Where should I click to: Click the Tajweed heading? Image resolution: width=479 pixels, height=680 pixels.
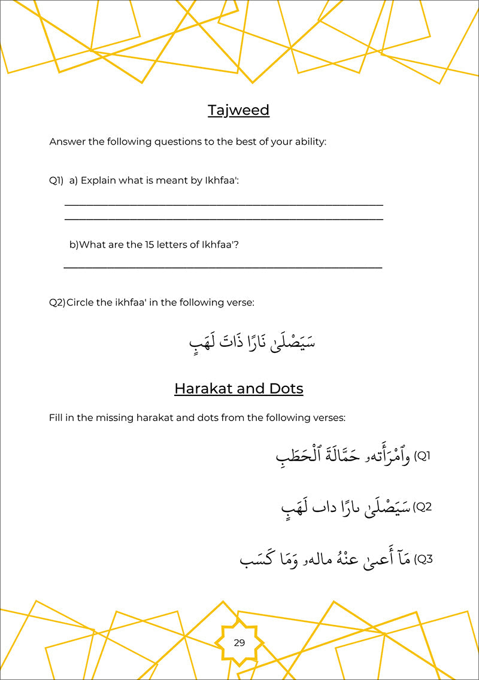click(x=238, y=111)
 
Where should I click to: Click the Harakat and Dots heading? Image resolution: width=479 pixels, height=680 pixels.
click(x=238, y=389)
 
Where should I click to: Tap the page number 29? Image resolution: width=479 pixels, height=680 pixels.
click(x=239, y=643)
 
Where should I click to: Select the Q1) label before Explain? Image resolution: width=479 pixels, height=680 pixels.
click(x=56, y=181)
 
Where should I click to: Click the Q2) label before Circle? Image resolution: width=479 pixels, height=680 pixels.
click(x=57, y=303)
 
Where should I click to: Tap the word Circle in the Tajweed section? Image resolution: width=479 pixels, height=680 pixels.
click(x=81, y=303)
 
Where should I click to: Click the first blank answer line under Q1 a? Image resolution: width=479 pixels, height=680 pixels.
click(x=223, y=205)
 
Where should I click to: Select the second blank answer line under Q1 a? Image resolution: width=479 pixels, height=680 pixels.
click(x=223, y=219)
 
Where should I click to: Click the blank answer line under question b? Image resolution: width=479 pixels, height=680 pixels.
click(x=223, y=267)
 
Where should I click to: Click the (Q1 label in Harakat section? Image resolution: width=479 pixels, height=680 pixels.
click(x=423, y=456)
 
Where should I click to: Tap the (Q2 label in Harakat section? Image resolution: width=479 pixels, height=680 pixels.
click(x=423, y=507)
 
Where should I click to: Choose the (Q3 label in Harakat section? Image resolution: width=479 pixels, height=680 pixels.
click(x=423, y=559)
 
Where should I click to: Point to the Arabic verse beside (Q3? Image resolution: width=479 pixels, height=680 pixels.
click(x=326, y=560)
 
